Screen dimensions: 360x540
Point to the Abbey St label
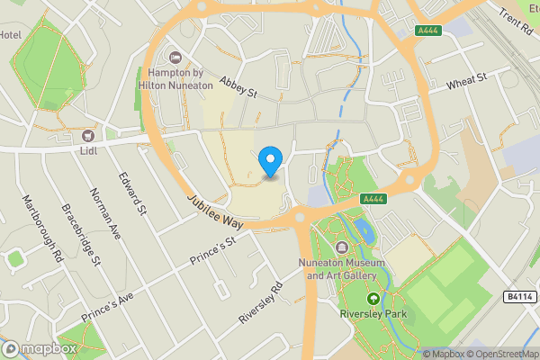(238, 86)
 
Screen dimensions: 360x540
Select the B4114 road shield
(518, 296)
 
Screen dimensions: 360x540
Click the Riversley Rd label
(261, 303)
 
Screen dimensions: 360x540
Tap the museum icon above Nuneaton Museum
(341, 247)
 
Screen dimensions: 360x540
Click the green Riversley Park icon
(373, 298)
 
